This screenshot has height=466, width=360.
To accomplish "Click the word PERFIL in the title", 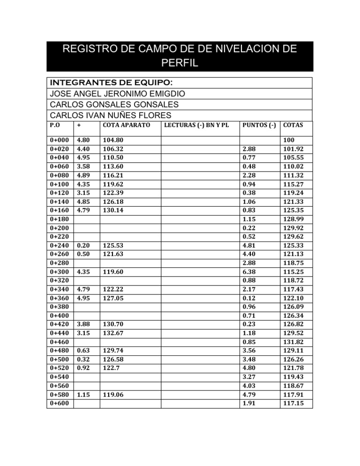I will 180,62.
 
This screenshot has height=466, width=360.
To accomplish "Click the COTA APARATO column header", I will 126,125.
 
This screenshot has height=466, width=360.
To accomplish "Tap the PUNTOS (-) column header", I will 258,125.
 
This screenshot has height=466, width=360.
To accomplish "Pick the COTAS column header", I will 293,125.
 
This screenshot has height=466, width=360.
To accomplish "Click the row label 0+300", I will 59,271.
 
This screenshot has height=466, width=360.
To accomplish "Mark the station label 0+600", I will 59,403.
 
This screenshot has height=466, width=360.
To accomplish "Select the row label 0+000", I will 59,140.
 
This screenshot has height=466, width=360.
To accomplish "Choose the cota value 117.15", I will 293,403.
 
